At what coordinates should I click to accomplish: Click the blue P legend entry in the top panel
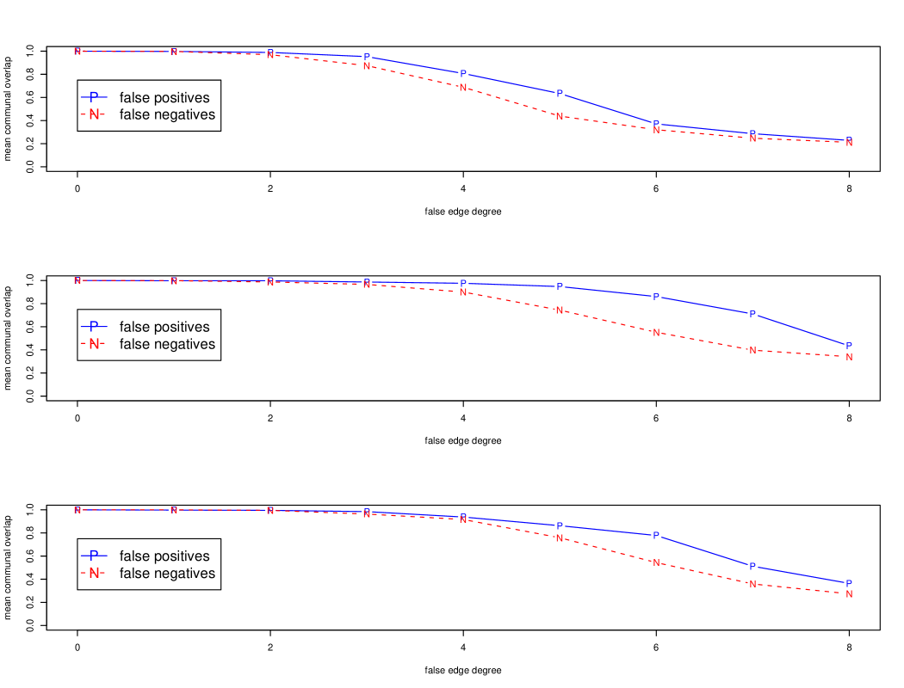point(94,96)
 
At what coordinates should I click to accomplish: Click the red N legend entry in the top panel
point(94,114)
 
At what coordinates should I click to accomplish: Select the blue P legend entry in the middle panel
point(94,326)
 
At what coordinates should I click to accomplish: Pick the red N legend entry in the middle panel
point(94,344)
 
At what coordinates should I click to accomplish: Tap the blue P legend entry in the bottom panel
point(94,556)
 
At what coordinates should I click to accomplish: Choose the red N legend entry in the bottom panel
point(94,573)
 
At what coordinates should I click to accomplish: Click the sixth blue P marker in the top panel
point(560,94)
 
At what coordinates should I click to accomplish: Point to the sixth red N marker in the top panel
point(560,116)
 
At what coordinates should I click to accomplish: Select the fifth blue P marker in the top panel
point(463,74)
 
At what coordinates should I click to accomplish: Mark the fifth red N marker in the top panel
point(463,88)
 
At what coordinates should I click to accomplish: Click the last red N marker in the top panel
point(849,143)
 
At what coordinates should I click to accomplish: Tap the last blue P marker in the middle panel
point(849,346)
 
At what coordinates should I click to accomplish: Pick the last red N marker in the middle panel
point(849,357)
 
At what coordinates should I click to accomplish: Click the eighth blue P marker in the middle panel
point(752,315)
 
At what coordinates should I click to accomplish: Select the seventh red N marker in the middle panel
point(656,333)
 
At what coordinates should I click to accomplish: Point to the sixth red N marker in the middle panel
point(560,310)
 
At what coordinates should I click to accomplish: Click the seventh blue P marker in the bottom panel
point(656,536)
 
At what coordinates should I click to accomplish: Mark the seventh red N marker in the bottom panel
point(656,562)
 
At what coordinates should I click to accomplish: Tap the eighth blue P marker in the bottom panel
point(752,567)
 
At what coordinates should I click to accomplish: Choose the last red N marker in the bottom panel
point(849,594)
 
